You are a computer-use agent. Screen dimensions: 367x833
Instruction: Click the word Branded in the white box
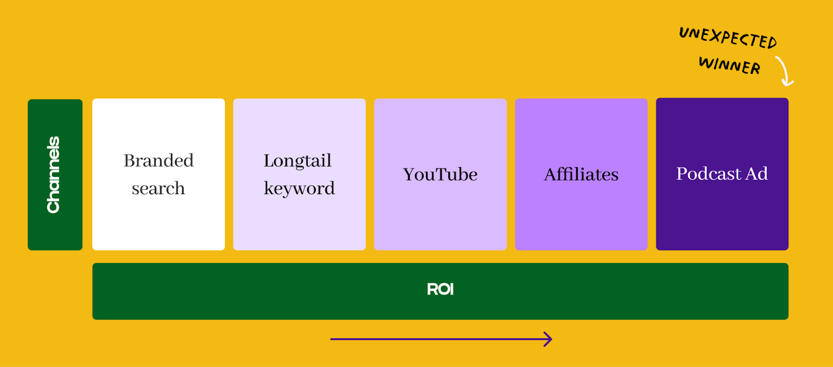158,161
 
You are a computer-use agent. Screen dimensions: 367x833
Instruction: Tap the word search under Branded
158,188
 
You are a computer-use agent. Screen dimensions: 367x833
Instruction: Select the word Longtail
297,161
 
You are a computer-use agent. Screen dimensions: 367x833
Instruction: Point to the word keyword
299,188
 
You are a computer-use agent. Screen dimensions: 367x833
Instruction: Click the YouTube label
440,174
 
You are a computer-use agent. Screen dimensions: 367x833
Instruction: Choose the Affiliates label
581,174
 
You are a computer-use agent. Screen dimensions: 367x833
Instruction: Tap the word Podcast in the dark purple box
709,174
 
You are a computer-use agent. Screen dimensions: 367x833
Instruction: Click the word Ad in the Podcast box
756,174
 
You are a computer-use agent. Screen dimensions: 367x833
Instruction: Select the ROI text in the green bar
440,289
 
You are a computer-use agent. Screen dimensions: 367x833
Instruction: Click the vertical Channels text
54,175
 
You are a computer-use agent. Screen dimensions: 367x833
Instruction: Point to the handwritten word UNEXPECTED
728,37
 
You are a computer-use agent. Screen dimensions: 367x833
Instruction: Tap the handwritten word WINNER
729,65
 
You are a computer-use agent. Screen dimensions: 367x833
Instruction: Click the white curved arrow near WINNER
785,71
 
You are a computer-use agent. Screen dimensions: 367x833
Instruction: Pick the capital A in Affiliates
550,174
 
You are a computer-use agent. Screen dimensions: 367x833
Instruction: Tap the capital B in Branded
130,161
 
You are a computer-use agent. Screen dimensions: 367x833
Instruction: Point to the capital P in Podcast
681,174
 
